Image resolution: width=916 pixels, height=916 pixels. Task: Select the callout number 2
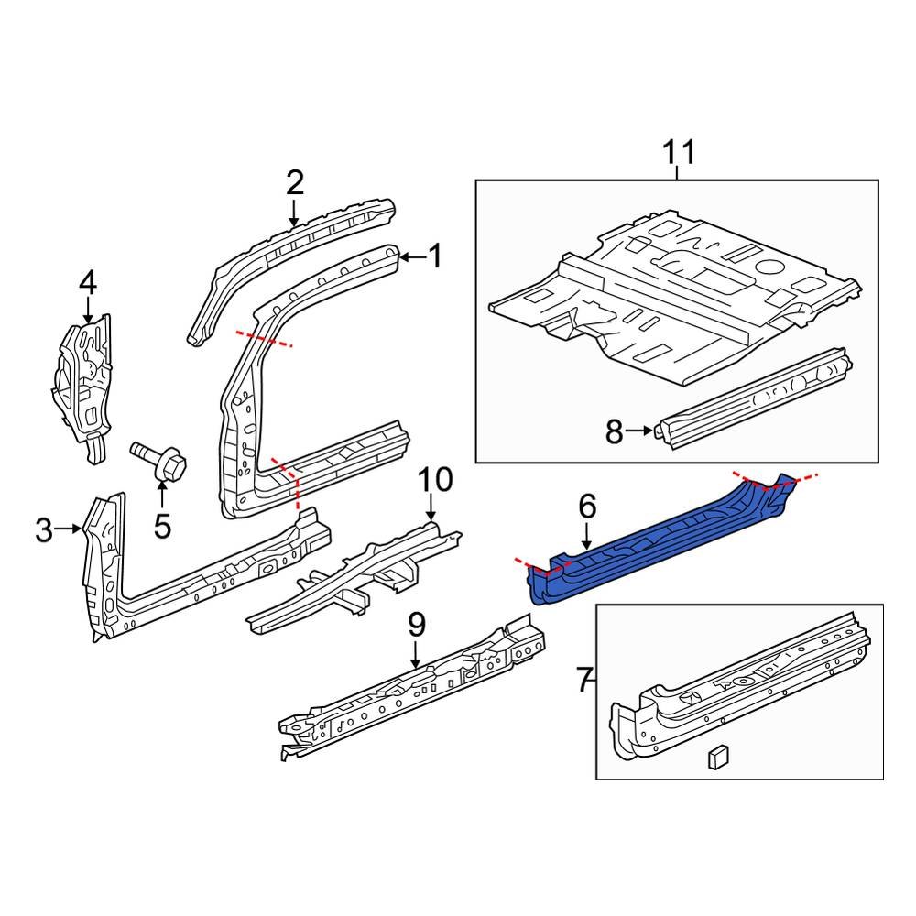click(x=294, y=182)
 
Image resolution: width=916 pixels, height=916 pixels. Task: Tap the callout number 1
click(x=434, y=256)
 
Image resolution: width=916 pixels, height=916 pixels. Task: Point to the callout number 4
click(x=87, y=283)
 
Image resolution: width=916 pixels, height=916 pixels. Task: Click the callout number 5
click(x=162, y=526)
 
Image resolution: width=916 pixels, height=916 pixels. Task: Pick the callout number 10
click(x=436, y=478)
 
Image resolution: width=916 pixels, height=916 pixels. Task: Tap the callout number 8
click(x=614, y=431)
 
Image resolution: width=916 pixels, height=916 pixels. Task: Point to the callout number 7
click(x=583, y=680)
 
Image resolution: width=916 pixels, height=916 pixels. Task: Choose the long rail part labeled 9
click(x=403, y=696)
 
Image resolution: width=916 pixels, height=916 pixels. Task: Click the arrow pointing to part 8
click(x=644, y=429)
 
